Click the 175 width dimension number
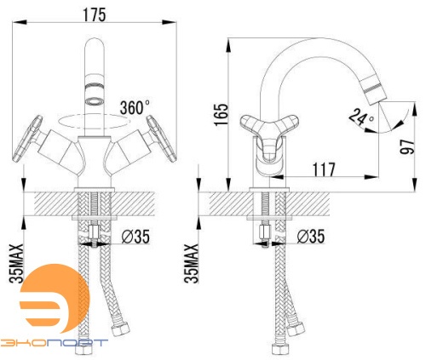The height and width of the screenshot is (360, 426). point(95,14)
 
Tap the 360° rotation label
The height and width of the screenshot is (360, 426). point(135,107)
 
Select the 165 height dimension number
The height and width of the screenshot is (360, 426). point(221,115)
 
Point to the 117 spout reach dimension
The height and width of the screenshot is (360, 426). point(324,169)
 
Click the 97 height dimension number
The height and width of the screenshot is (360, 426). point(407,146)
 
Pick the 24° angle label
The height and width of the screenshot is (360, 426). point(361,117)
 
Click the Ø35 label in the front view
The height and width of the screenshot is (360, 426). point(135,237)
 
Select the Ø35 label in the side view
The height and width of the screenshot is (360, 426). point(310,237)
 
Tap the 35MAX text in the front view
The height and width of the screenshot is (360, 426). point(16,263)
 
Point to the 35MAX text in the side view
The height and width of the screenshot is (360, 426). point(191,263)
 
